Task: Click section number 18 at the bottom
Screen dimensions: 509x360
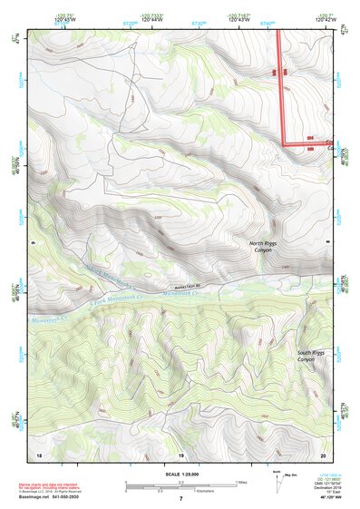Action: click(x=38, y=454)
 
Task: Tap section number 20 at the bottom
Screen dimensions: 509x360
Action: click(x=324, y=454)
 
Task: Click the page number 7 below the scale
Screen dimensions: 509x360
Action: click(x=180, y=499)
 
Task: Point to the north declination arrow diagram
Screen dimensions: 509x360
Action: click(x=277, y=482)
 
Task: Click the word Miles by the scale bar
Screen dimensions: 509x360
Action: click(x=240, y=481)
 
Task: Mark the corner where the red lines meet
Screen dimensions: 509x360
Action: click(x=282, y=143)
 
